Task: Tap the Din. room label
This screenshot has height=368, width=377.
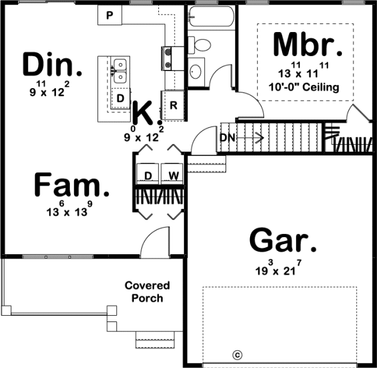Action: pyautogui.click(x=53, y=64)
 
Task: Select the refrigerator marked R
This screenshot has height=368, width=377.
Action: pyautogui.click(x=173, y=105)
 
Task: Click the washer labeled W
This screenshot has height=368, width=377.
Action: pyautogui.click(x=171, y=174)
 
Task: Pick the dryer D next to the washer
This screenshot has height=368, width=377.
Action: pyautogui.click(x=148, y=174)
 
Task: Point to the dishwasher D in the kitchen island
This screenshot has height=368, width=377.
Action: pyautogui.click(x=120, y=99)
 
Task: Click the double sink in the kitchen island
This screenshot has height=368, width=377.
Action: pyautogui.click(x=119, y=70)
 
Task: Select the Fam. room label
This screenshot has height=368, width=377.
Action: pyautogui.click(x=70, y=186)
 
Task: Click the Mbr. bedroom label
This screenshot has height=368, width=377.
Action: pyautogui.click(x=307, y=45)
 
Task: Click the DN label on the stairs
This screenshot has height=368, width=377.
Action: pyautogui.click(x=227, y=137)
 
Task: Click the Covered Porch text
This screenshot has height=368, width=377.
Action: pyautogui.click(x=147, y=291)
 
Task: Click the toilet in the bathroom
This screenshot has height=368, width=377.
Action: pyautogui.click(x=202, y=44)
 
